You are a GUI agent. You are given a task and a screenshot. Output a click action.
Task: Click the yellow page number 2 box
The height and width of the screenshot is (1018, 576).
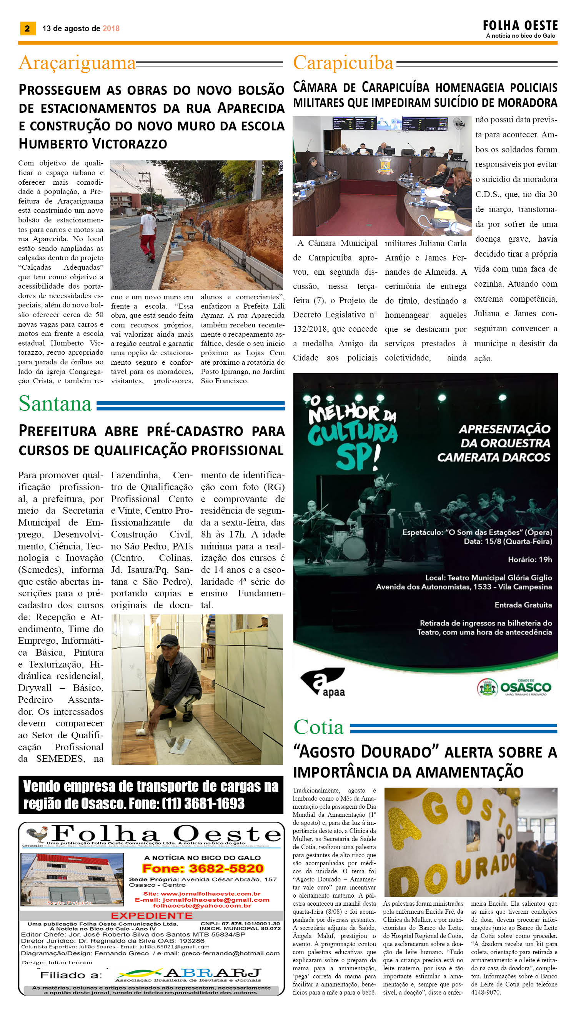(27, 28)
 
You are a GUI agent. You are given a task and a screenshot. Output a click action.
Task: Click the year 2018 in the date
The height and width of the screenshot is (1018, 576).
(111, 28)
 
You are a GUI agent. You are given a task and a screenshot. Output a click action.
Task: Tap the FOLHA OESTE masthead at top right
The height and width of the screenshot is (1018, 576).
(520, 26)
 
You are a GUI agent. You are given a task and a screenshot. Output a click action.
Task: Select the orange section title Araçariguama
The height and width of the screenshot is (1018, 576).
(77, 63)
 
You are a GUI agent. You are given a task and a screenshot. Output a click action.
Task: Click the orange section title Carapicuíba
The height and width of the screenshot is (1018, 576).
(343, 63)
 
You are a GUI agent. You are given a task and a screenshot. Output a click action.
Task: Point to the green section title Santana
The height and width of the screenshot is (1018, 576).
(55, 404)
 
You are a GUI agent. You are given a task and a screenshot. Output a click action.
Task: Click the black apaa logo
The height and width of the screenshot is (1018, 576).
(323, 682)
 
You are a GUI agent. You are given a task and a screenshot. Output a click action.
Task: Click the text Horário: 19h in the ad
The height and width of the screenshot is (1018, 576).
(530, 559)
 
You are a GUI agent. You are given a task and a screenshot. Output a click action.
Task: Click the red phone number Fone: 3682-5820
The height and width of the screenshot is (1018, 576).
(203, 868)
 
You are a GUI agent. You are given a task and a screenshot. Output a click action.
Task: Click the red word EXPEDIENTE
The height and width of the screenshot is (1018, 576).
(151, 916)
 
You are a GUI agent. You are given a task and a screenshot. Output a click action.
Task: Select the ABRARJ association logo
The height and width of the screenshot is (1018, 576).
(189, 974)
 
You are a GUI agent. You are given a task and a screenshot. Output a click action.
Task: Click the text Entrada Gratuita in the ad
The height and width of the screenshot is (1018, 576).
(523, 605)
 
